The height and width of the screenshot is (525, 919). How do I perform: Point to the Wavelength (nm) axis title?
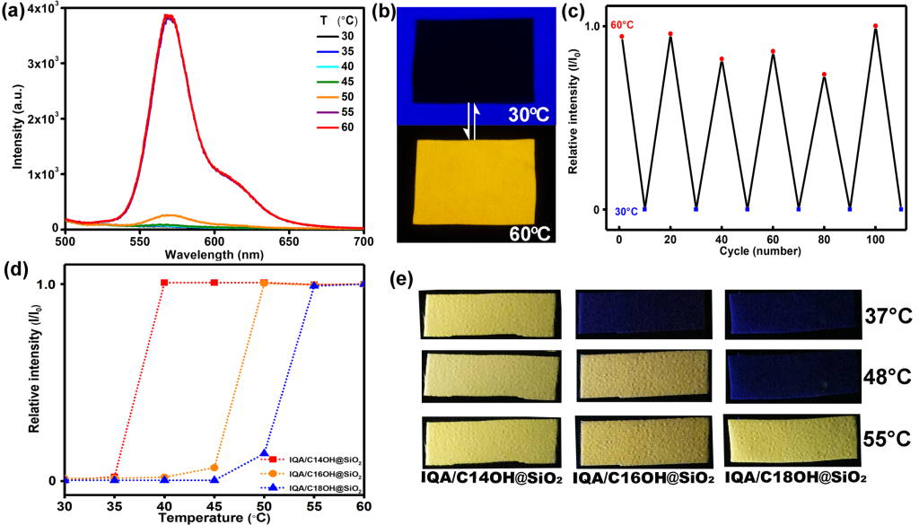coord(214,254)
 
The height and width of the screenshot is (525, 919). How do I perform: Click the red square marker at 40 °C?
coord(164,283)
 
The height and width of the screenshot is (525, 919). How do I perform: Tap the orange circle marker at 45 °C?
coord(214,468)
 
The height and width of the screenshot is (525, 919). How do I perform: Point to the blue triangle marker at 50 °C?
coord(264,453)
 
